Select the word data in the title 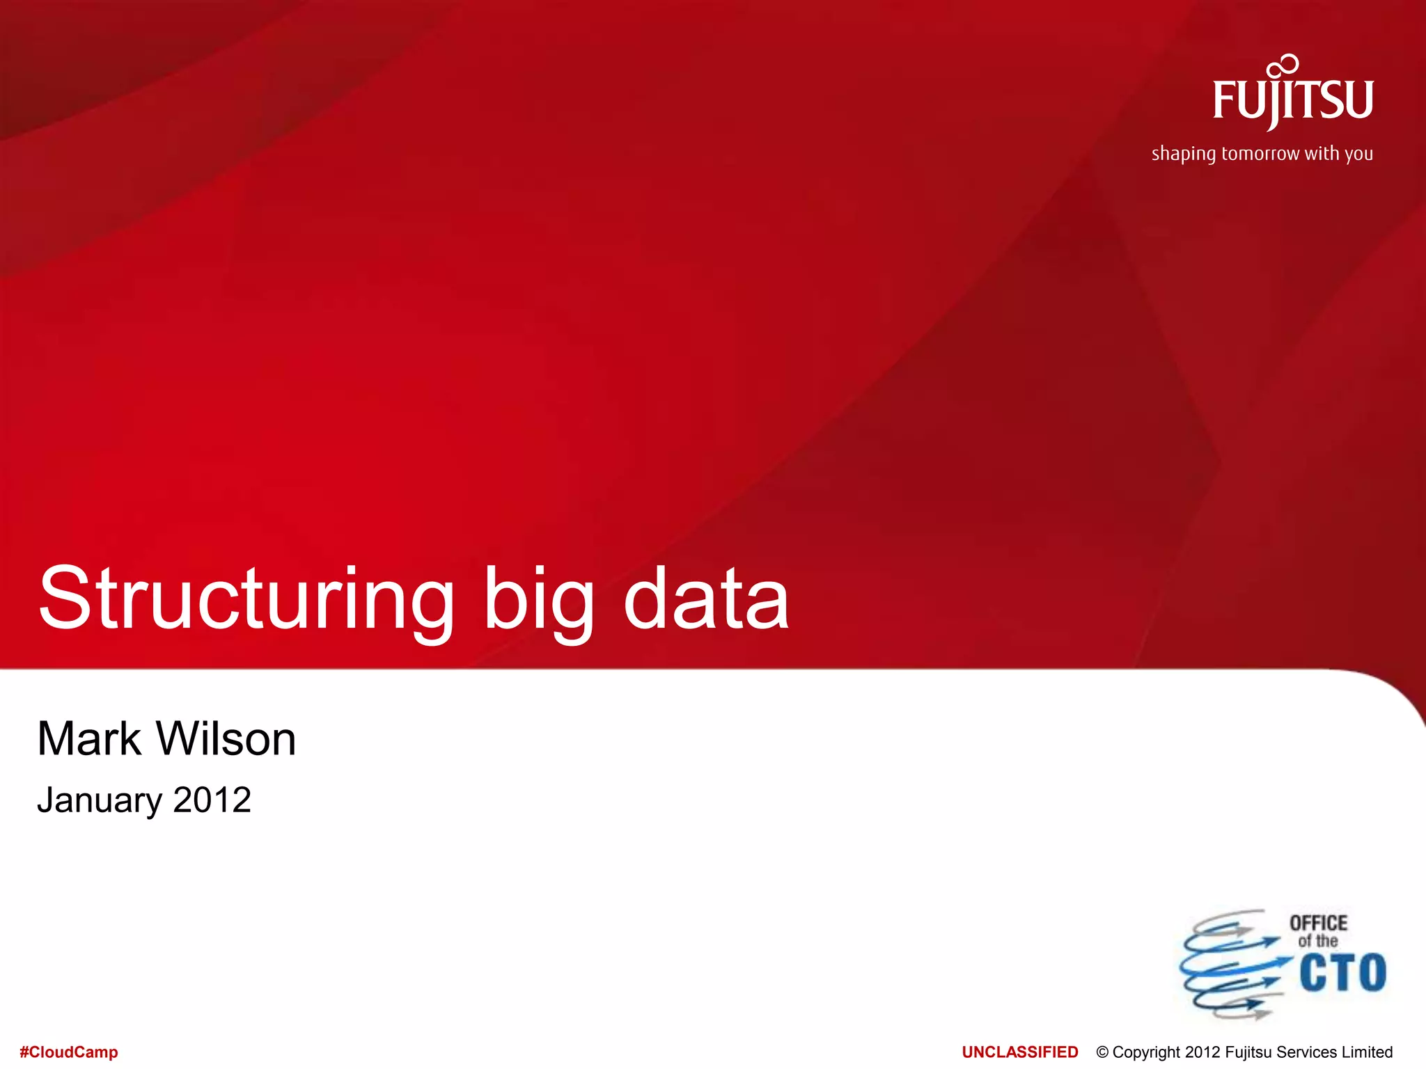pos(706,599)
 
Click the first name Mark pos(89,738)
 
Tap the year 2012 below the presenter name pos(212,800)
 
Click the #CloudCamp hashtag pos(69,1052)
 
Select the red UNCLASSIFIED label pos(1019,1052)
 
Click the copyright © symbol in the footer pos(1102,1052)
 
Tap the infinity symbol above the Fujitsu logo pos(1283,66)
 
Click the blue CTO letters pos(1342,972)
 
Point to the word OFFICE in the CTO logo pos(1318,924)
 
